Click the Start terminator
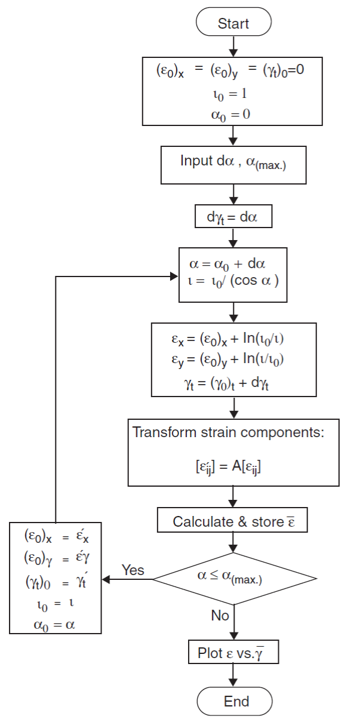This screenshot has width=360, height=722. point(233,24)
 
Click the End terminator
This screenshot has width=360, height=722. point(233,701)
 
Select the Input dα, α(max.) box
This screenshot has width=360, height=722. point(233,162)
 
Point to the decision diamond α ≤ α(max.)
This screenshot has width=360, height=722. point(233,578)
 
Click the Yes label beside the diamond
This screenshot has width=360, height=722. point(133,570)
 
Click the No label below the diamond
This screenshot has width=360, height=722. point(220,615)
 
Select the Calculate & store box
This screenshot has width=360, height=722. point(233,521)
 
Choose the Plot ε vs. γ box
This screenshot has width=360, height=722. point(233,653)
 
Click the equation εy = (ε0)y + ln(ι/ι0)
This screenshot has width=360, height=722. point(233,361)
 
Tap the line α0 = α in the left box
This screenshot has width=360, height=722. point(55,624)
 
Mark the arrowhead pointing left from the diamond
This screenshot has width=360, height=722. point(106,579)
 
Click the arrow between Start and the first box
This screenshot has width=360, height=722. point(233,47)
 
